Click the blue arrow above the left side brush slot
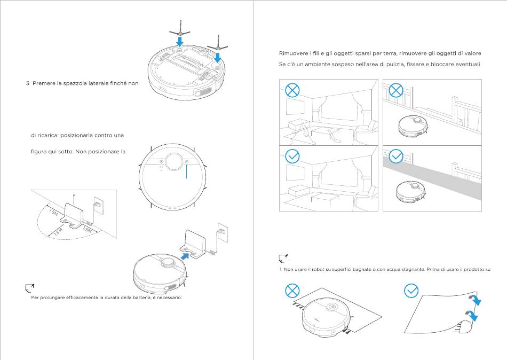[180, 41]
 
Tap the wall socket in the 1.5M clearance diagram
[98, 204]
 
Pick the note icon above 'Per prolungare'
[29, 288]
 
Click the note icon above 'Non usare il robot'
[283, 259]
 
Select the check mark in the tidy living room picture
[292, 156]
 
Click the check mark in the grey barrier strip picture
[395, 156]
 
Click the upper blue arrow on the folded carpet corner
[476, 302]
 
